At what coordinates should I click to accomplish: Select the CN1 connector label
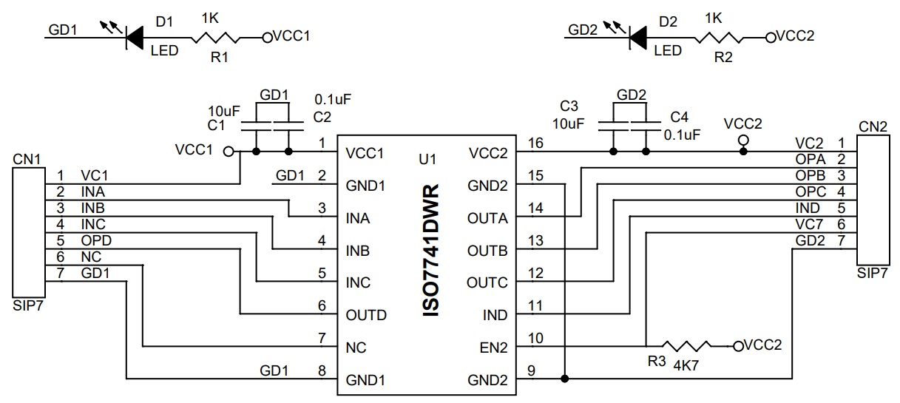pyautogui.click(x=25, y=158)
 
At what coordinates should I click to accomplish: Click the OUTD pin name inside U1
pyautogui.click(x=366, y=315)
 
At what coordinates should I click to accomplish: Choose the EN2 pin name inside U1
pyautogui.click(x=494, y=348)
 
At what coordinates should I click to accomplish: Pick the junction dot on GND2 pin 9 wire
pyautogui.click(x=565, y=379)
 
